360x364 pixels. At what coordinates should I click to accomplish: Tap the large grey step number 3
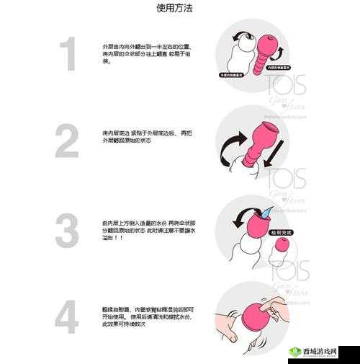[67, 231]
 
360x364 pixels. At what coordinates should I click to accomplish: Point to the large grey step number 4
[67, 317]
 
